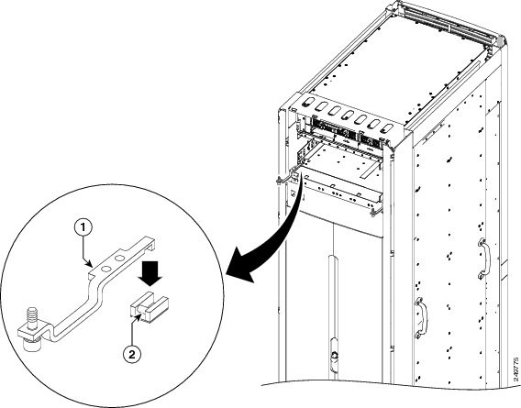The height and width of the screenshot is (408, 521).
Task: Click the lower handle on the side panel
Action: click(x=422, y=315)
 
